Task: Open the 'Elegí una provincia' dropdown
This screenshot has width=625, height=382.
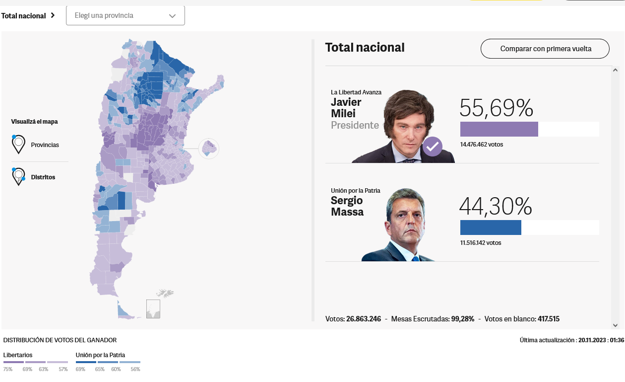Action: pos(125,16)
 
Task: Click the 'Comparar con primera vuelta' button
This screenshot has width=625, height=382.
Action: pos(545,49)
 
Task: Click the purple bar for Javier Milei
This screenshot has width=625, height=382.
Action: pos(499,129)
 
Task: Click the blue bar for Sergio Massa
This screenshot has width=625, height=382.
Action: pos(491,228)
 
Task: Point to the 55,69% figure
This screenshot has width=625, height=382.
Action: pos(497,108)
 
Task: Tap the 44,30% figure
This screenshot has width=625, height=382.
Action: pos(496,206)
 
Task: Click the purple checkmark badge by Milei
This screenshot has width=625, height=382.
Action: pos(433,147)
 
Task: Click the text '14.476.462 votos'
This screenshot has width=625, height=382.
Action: pos(482,145)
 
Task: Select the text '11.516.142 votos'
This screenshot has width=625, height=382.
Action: pos(481,243)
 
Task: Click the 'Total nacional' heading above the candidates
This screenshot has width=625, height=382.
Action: pos(365,48)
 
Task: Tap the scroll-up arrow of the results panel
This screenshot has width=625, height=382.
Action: pos(615,70)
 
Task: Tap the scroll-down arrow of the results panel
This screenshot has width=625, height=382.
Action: pos(615,325)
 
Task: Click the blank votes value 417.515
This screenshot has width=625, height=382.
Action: pos(549,319)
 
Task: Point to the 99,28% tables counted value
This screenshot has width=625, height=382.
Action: pos(463,319)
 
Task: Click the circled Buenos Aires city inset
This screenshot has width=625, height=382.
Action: pos(209,149)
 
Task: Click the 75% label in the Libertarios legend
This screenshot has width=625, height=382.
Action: pos(8,369)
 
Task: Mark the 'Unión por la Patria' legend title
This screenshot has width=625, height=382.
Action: pos(100,355)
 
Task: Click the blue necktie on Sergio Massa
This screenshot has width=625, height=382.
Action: pos(416,259)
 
